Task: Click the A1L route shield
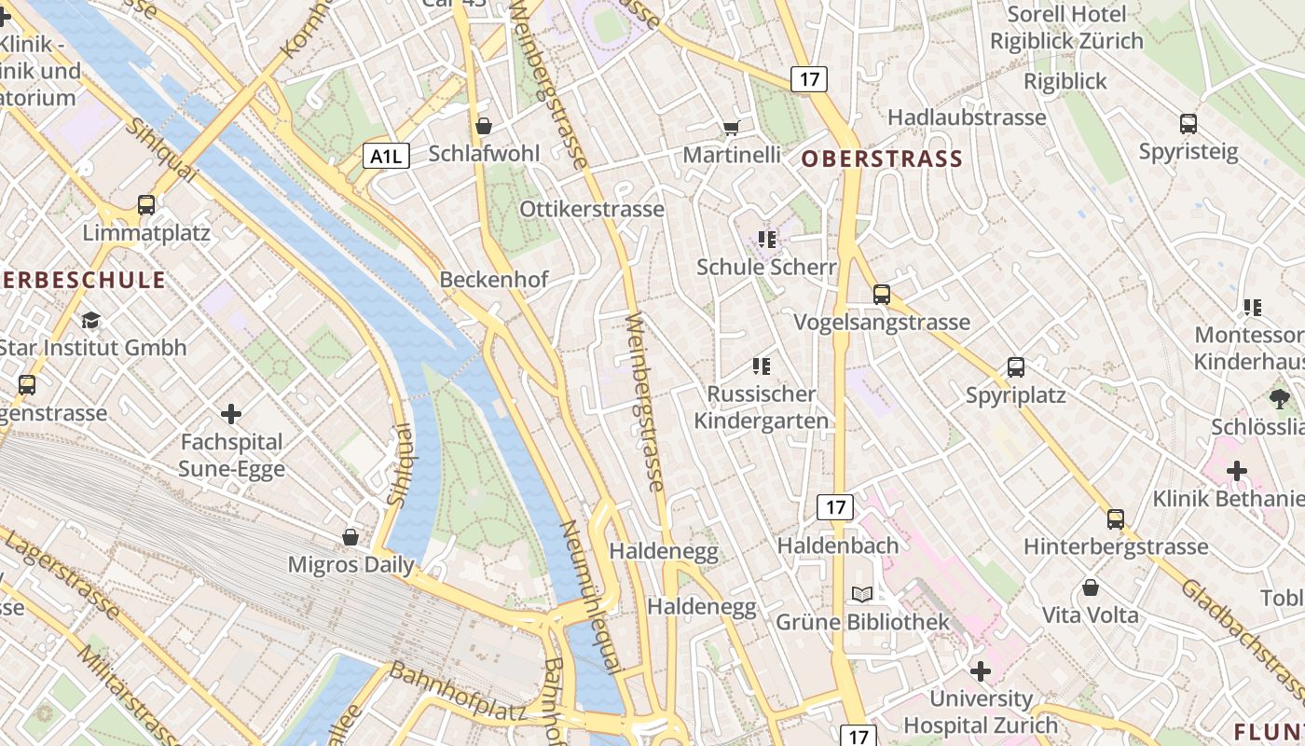point(386,156)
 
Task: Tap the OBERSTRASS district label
point(882,159)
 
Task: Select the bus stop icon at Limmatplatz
point(146,205)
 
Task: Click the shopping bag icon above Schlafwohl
point(484,126)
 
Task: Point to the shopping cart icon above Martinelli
point(732,128)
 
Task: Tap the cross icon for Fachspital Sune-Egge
point(231,413)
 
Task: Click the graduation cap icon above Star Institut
point(90,321)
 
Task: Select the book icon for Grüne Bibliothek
point(862,595)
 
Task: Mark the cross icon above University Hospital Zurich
point(980,670)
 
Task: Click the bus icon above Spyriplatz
point(1016,367)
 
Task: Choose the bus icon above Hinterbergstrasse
point(1116,519)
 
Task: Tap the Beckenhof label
point(493,280)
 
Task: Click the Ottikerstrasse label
point(592,209)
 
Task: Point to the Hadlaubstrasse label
point(967,117)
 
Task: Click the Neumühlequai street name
point(589,597)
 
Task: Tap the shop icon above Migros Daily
point(350,537)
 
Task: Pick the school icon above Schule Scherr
point(767,240)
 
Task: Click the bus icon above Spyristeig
point(1188,124)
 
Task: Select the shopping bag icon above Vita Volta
point(1090,587)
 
